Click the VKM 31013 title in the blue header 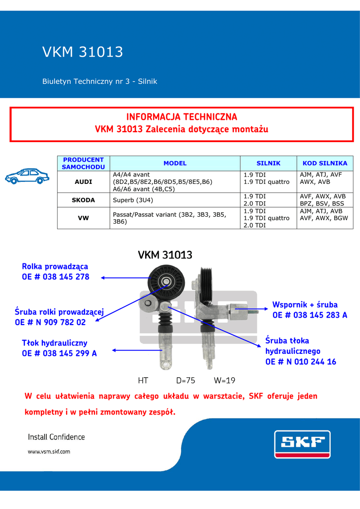[x=83, y=52]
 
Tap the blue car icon [x=27, y=176]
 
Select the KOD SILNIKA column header [x=325, y=163]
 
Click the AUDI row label [x=83, y=182]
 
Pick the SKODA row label [x=83, y=200]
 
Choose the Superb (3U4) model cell [x=133, y=200]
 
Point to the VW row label [x=83, y=218]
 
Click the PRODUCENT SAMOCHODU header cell [x=83, y=163]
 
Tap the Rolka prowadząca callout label [x=55, y=267]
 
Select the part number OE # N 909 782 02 [x=50, y=322]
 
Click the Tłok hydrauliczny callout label [x=55, y=343]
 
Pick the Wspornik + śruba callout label [x=305, y=305]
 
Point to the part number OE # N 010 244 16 [x=301, y=362]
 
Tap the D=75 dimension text [x=185, y=381]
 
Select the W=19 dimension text [x=224, y=381]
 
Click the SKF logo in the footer [x=302, y=443]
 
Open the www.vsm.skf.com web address [x=49, y=452]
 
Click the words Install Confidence [x=56, y=437]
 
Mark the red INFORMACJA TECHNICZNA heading [x=181, y=117]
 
